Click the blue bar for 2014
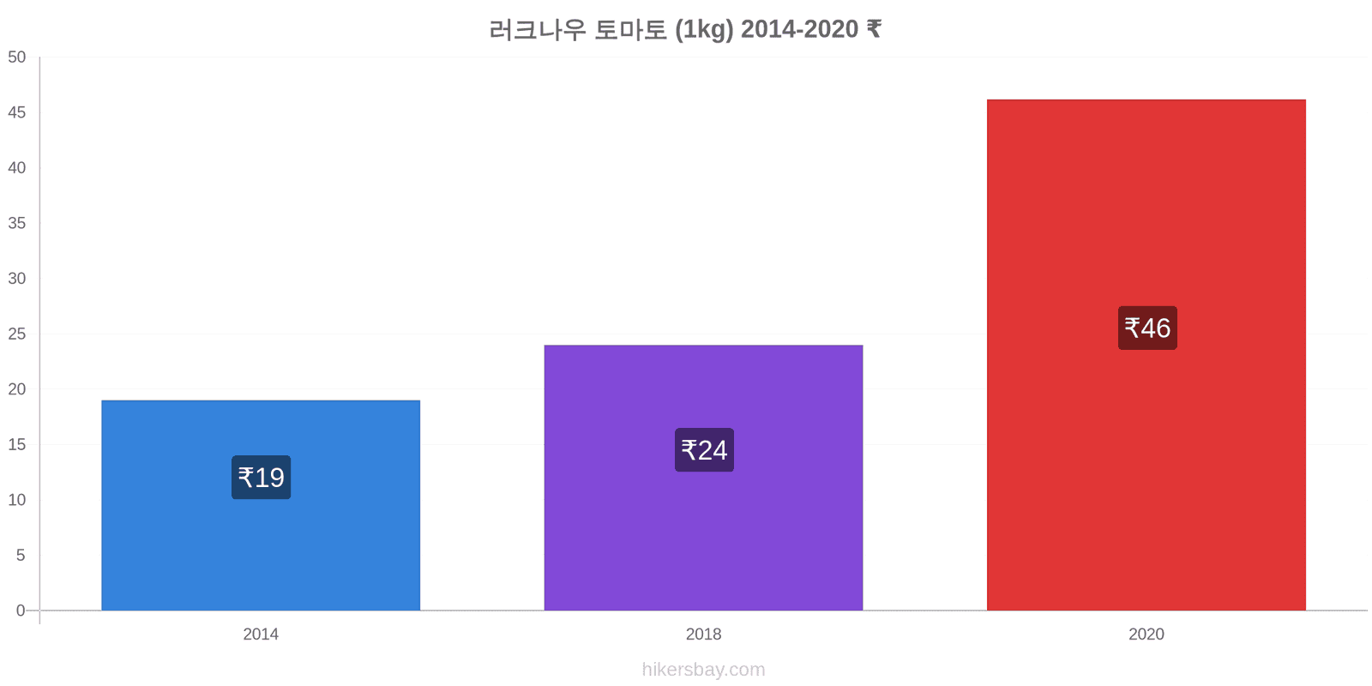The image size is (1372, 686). pyautogui.click(x=261, y=505)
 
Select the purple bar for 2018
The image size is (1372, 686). pyautogui.click(x=704, y=478)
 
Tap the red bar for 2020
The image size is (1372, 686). pyautogui.click(x=1146, y=355)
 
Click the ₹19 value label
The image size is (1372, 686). pyautogui.click(x=261, y=477)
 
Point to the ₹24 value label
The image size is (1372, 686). pyautogui.click(x=704, y=450)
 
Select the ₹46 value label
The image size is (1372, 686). pyautogui.click(x=1148, y=328)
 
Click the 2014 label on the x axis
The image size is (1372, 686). pyautogui.click(x=261, y=634)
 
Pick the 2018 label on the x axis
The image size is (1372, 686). pyautogui.click(x=704, y=634)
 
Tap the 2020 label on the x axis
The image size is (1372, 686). pyautogui.click(x=1146, y=634)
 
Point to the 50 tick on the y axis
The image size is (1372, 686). pyautogui.click(x=16, y=57)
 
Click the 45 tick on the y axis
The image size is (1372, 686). pyautogui.click(x=16, y=112)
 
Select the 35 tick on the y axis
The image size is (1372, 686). pyautogui.click(x=16, y=223)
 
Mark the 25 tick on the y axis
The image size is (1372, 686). pyautogui.click(x=16, y=334)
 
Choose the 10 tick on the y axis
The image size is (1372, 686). pyautogui.click(x=16, y=500)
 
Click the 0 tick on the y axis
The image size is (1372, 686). pyautogui.click(x=21, y=610)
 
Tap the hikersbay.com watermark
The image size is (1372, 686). pyautogui.click(x=704, y=669)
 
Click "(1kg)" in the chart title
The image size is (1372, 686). pyautogui.click(x=704, y=29)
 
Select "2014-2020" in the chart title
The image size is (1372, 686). pyautogui.click(x=800, y=29)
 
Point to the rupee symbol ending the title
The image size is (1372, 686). pyautogui.click(x=874, y=29)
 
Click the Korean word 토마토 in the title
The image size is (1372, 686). pyautogui.click(x=631, y=29)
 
